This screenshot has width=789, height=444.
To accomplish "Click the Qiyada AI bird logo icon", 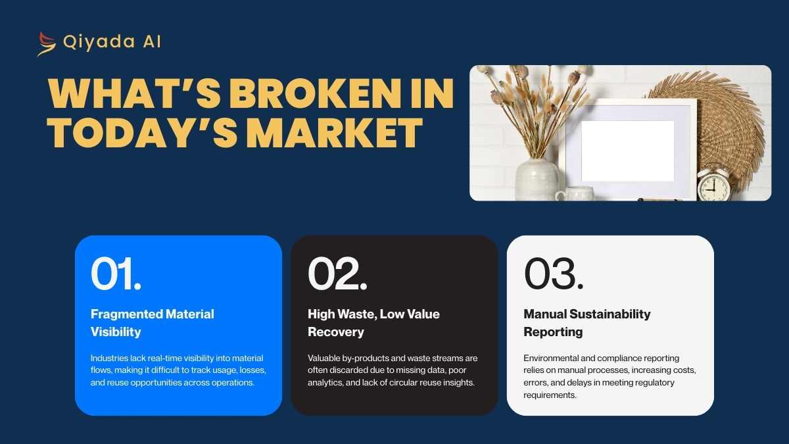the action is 47,44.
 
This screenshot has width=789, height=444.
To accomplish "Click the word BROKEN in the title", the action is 316,93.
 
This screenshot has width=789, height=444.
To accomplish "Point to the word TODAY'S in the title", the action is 142,133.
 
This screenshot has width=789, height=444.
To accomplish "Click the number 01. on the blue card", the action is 116,274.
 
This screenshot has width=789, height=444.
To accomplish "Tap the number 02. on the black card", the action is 337,274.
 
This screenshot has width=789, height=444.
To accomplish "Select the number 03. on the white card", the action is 554,274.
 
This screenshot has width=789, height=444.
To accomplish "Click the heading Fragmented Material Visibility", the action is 152,323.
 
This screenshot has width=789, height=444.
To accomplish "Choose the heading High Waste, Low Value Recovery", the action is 373,323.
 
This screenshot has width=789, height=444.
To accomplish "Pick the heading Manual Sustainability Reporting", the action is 586,323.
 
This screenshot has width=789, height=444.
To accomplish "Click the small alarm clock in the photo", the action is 713,185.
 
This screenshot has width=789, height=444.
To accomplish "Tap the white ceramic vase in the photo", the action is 537,180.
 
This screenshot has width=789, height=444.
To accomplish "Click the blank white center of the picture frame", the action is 628,151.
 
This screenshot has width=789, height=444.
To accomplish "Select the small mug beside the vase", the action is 575,194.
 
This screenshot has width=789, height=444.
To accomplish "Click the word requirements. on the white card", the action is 550,395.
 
